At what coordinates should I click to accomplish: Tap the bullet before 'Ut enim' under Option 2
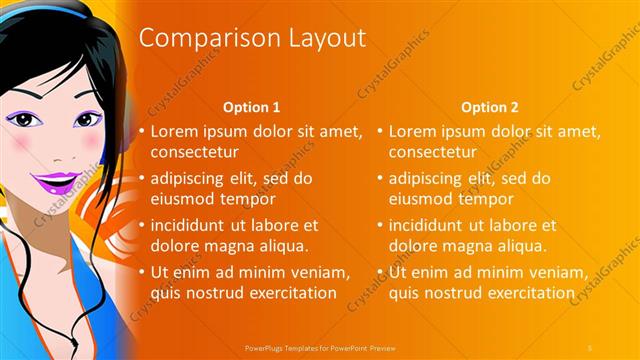381,272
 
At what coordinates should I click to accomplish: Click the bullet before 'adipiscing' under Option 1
142,179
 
